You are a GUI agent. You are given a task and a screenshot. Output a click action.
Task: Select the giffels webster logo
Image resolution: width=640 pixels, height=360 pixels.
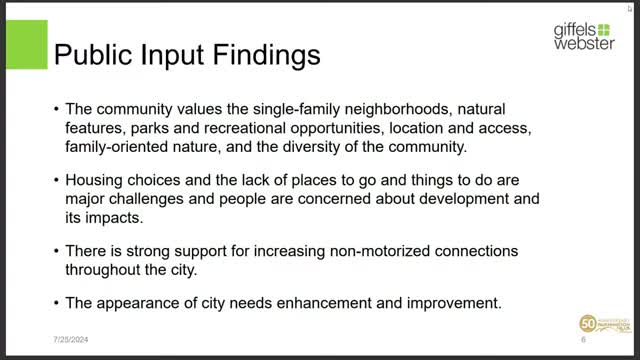(585, 37)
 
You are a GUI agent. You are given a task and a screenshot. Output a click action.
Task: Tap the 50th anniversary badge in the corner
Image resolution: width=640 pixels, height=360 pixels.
(600, 327)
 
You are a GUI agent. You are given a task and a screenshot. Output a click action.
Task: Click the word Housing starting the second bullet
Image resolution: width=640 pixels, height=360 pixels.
(96, 181)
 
